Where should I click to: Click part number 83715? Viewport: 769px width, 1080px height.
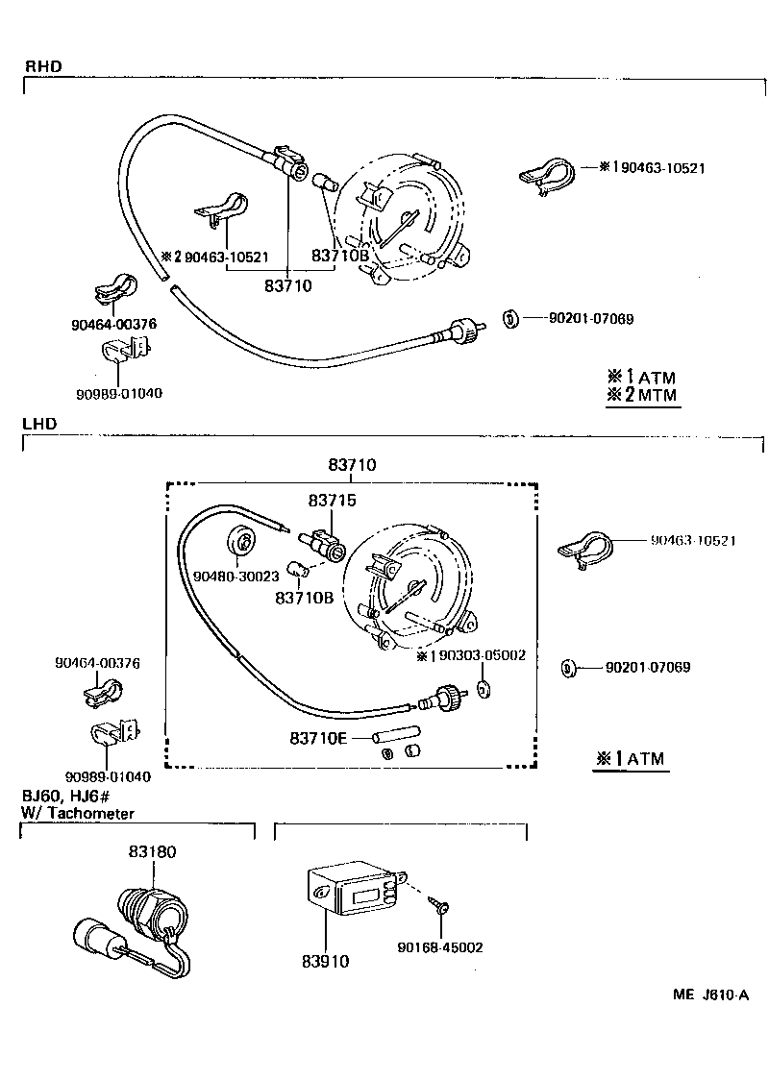tap(332, 501)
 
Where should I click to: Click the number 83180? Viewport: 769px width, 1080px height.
tap(153, 851)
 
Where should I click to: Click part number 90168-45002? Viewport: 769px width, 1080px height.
tap(440, 946)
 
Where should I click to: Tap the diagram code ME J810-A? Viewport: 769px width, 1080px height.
tap(709, 996)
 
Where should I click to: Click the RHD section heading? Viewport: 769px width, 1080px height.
tap(42, 66)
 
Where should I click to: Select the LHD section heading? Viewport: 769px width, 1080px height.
tap(40, 423)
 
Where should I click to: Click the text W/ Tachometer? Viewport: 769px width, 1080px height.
tap(78, 813)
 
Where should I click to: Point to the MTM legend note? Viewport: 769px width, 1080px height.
tap(641, 395)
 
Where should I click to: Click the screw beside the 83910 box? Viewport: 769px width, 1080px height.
tap(441, 904)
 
